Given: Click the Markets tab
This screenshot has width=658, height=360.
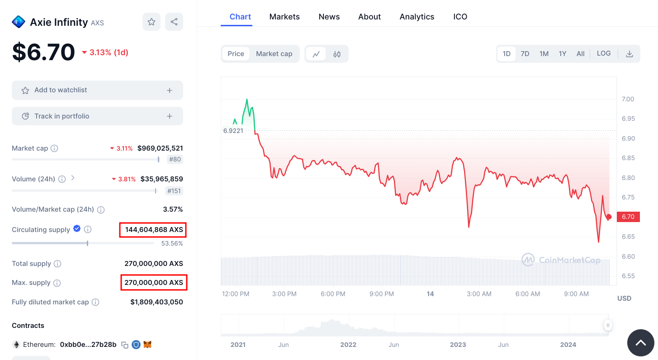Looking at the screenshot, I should (x=284, y=17).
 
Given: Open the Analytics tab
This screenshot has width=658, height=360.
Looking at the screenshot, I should (x=417, y=17).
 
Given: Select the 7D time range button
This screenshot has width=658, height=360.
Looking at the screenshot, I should (x=525, y=54).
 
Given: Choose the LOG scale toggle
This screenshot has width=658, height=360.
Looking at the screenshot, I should (x=603, y=53).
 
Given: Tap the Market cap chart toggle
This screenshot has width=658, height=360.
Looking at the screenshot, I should (x=274, y=54).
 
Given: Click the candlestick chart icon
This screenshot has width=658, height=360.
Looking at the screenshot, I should (x=337, y=54).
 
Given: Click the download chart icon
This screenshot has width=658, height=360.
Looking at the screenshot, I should (x=629, y=54).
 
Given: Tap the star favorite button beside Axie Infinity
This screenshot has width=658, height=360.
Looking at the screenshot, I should (x=151, y=22).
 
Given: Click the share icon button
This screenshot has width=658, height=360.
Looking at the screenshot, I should (x=174, y=22).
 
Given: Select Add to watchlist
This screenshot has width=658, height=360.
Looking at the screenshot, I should (x=97, y=90).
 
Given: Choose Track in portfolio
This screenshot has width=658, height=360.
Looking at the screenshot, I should (x=97, y=116).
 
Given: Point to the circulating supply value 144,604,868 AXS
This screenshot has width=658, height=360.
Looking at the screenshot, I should (x=154, y=230).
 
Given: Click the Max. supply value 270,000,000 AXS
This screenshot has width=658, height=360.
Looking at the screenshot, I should (x=154, y=283).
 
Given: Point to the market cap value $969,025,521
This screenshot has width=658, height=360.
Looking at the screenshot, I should (x=160, y=148).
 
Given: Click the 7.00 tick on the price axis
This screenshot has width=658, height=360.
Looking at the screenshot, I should (x=628, y=99).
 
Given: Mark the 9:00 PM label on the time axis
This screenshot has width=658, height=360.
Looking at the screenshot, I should (x=382, y=294).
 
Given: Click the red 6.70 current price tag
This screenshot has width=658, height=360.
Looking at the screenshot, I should (x=628, y=217).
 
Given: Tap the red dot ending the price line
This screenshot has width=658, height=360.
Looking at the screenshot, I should (x=609, y=217).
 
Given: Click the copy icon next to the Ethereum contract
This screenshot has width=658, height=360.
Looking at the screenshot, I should (x=125, y=345).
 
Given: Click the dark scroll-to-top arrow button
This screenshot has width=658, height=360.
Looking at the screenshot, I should (x=640, y=343).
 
